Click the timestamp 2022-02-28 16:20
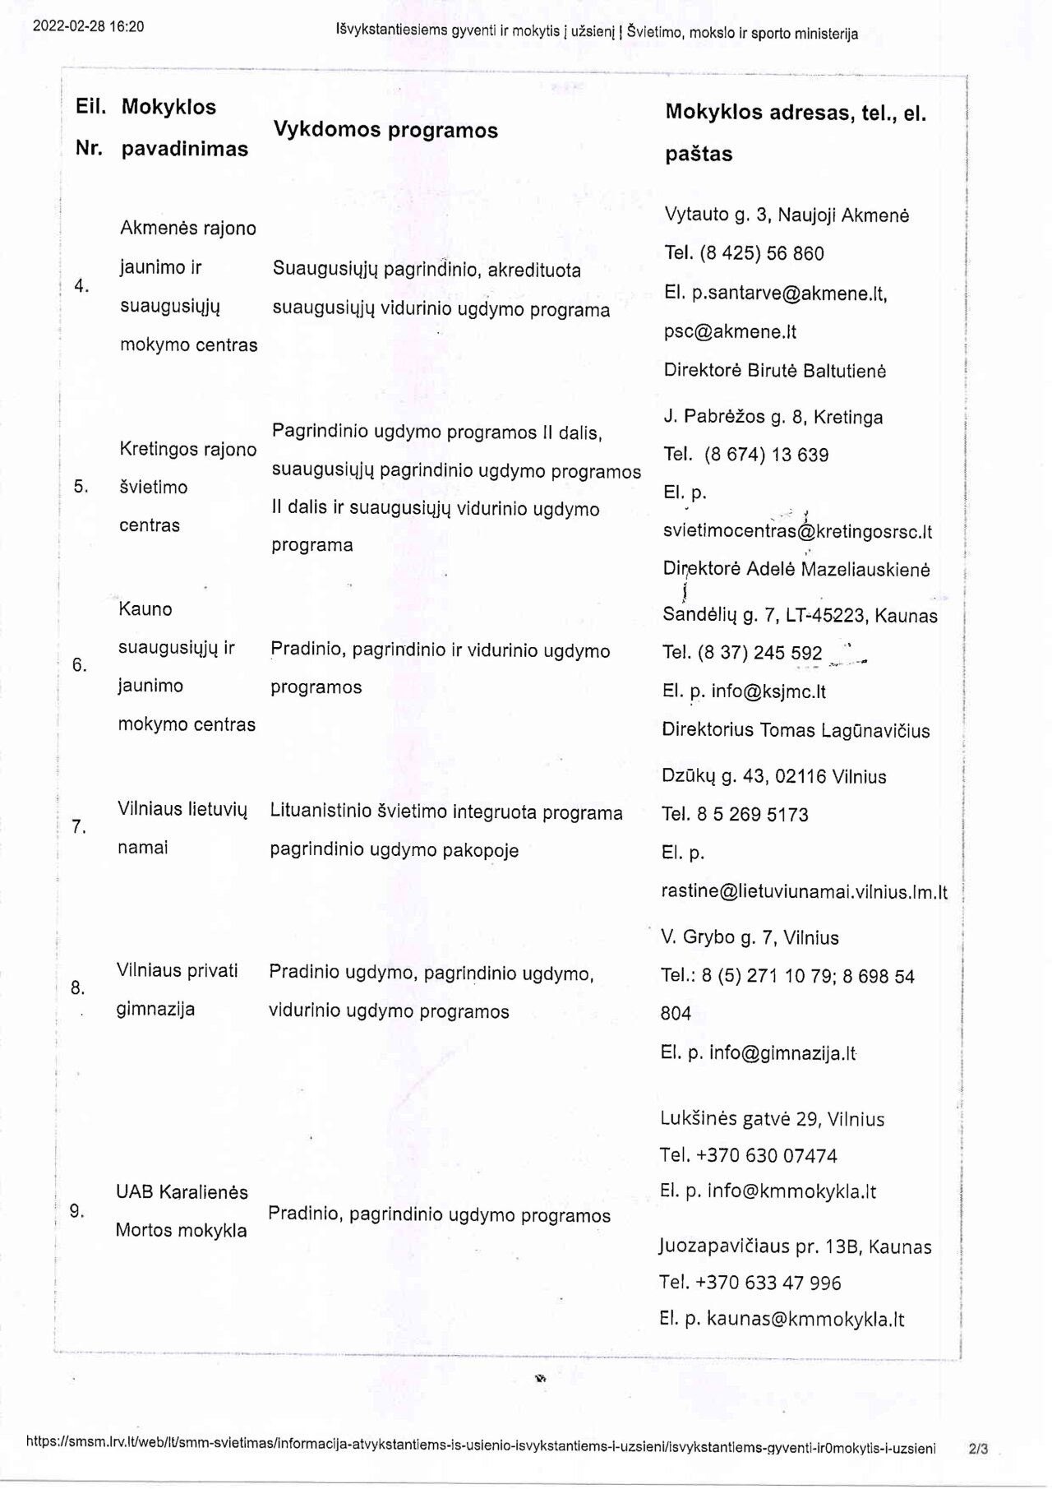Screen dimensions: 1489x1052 pos(88,26)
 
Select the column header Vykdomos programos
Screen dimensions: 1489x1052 pos(385,130)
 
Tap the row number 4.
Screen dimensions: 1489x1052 pos(81,286)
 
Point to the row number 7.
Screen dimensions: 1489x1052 pos(79,827)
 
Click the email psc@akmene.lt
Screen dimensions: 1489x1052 pos(730,332)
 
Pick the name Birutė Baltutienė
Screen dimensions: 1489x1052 pos(816,371)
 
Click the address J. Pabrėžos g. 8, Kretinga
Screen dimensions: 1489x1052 pos(773,417)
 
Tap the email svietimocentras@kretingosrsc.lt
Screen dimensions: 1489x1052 pos(797,531)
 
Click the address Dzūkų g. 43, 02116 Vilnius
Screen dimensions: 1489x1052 pos(773,776)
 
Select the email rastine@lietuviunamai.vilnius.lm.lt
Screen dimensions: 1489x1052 pos(804,892)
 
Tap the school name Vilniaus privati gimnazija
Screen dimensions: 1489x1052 pos(177,989)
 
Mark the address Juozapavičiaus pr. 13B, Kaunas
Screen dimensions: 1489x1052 pos(795,1247)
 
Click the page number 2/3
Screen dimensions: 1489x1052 pos(978,1449)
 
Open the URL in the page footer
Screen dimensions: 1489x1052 pos(481,1449)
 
